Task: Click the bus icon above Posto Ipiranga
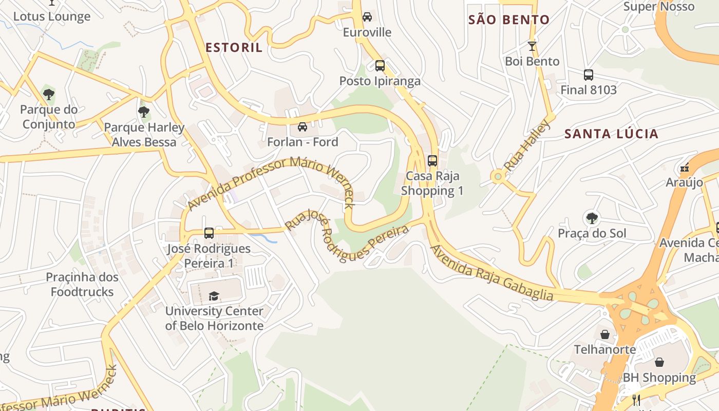click(x=380, y=66)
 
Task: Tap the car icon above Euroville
click(x=367, y=17)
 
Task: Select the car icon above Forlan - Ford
click(x=302, y=127)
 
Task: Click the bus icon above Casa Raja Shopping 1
click(x=432, y=161)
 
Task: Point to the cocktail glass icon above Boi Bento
click(x=532, y=46)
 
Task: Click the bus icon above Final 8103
click(x=589, y=75)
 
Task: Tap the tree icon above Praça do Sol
click(x=592, y=218)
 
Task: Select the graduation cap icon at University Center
click(x=214, y=296)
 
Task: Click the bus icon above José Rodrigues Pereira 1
click(x=209, y=233)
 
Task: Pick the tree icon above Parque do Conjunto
click(x=49, y=94)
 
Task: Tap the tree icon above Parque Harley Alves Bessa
click(x=144, y=111)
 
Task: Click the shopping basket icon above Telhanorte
click(x=605, y=334)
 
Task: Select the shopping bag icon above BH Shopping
click(x=659, y=362)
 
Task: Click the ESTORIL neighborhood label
click(x=234, y=48)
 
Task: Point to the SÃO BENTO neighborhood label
click(x=509, y=20)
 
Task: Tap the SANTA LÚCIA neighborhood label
click(x=611, y=134)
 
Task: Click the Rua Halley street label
click(x=527, y=145)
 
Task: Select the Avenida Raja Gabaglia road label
click(x=491, y=273)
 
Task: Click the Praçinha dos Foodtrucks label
click(x=82, y=285)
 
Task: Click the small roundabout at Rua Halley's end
click(x=497, y=177)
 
